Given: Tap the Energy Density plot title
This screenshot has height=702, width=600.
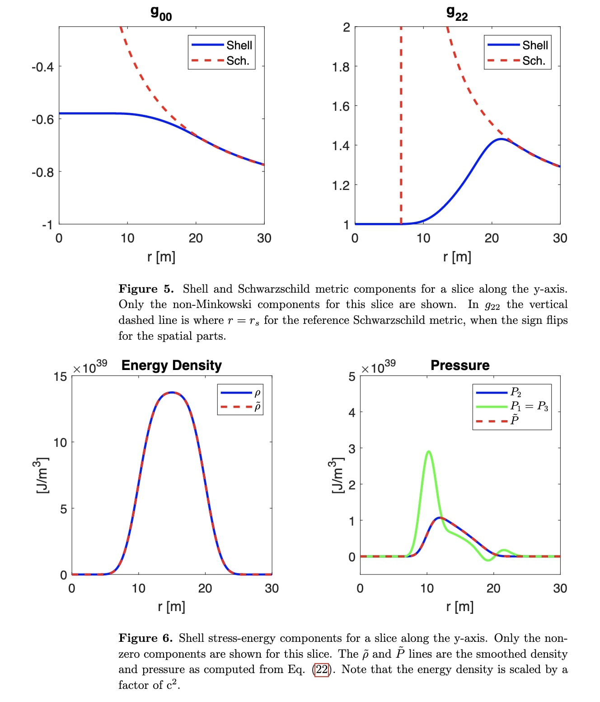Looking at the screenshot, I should (171, 365).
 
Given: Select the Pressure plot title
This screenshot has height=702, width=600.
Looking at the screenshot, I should (459, 365).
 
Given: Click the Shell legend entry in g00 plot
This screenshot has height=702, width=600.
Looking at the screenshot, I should (239, 45).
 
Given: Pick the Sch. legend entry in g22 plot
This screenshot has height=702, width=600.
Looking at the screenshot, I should (534, 61).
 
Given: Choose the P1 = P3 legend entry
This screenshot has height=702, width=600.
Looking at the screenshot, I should (529, 406).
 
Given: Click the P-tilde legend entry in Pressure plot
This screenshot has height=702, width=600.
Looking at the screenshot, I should (514, 420).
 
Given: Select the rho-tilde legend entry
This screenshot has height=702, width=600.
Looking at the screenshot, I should (257, 407).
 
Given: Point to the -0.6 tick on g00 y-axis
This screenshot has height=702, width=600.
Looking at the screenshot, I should (42, 119).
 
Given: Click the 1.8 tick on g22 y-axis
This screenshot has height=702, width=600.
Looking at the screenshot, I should (341, 67).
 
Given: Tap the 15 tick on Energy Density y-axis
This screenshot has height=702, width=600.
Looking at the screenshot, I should (60, 377).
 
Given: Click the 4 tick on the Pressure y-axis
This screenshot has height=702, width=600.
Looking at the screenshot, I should (352, 413).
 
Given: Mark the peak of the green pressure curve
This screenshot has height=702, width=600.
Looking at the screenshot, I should (428, 451).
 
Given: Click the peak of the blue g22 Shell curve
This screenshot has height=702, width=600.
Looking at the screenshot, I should (501, 139).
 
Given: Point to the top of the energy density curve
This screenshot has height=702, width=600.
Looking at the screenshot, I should (172, 393).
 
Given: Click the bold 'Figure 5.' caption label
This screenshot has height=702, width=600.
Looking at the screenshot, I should (145, 289).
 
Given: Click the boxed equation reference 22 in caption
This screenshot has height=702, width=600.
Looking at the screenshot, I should (321, 669).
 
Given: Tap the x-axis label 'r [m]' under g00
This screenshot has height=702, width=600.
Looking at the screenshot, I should (161, 257).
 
